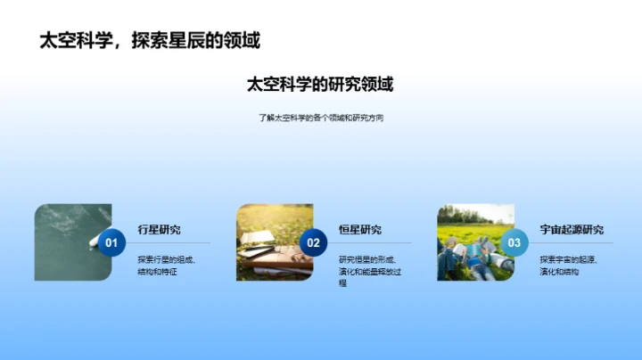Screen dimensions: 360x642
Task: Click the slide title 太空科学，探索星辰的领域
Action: tap(150, 40)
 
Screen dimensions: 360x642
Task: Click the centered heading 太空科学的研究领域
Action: tap(320, 85)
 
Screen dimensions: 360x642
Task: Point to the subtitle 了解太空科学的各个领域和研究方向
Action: tap(320, 118)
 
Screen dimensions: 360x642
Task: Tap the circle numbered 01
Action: tap(111, 242)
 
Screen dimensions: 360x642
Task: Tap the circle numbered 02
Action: tap(313, 242)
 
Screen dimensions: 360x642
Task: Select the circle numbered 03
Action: tap(514, 242)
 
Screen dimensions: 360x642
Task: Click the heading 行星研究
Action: tap(159, 230)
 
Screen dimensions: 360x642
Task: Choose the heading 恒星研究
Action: tap(360, 230)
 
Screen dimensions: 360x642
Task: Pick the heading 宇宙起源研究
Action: tap(572, 230)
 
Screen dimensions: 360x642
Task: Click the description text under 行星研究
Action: tap(167, 265)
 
